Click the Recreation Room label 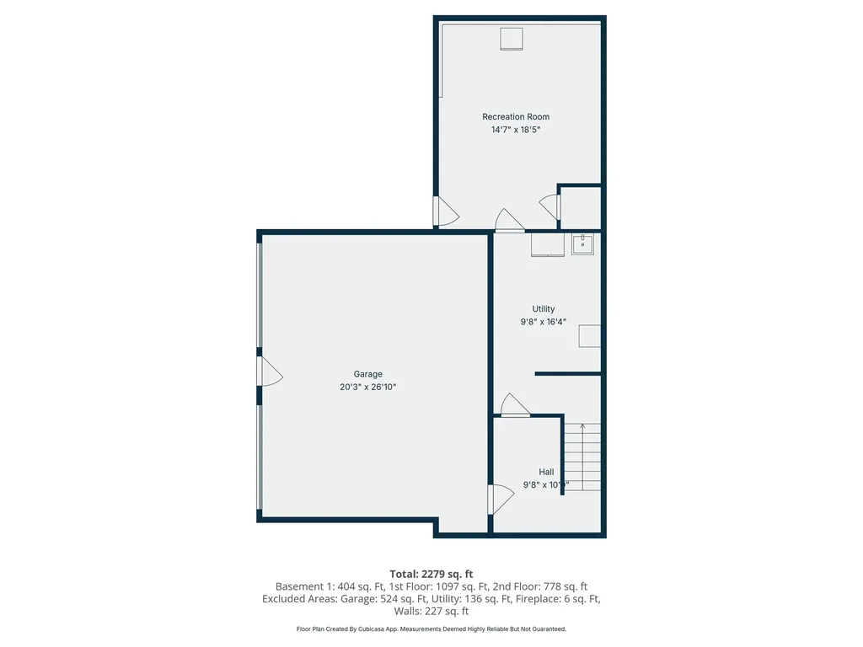pos(515,117)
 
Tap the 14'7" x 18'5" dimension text pos(515,130)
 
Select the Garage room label pos(367,374)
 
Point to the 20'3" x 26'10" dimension pos(367,388)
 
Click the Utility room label pos(544,309)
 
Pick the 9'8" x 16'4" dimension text pos(544,322)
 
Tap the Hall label pos(546,472)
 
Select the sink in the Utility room pos(582,244)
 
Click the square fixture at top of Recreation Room pos(512,39)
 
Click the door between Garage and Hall pos(499,499)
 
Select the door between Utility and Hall pos(514,406)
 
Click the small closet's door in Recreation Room pos(549,207)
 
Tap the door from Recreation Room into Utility pos(509,221)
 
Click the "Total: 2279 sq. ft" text pos(431,574)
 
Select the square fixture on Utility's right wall pos(589,336)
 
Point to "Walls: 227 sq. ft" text pos(431,612)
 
